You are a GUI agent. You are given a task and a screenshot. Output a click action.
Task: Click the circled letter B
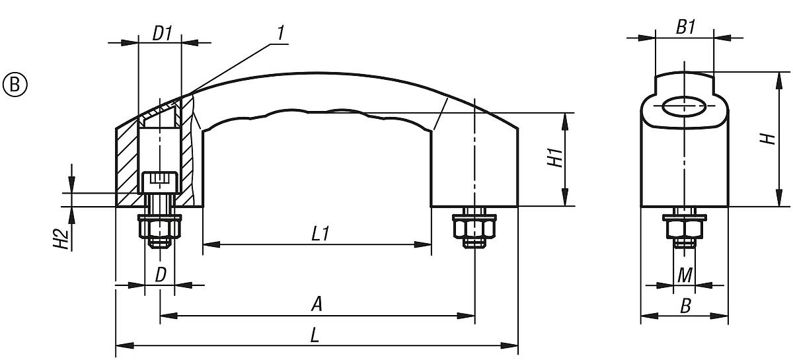point(15,85)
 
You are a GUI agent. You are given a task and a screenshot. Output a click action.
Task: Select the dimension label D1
point(163,33)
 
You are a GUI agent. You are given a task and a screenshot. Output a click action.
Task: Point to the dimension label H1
point(556,159)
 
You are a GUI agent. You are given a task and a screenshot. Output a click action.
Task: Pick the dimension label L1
point(321,234)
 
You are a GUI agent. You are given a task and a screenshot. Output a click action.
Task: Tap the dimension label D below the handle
point(161,275)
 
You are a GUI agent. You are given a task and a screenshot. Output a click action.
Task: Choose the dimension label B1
point(685,28)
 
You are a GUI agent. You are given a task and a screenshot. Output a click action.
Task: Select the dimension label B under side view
point(685,306)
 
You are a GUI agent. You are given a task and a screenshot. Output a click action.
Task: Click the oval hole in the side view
point(685,106)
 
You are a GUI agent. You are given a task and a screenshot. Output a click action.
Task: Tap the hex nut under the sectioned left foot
point(160,229)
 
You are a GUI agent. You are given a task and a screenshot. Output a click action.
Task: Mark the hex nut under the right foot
point(474,229)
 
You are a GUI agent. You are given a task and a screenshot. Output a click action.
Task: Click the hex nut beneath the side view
point(685,229)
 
